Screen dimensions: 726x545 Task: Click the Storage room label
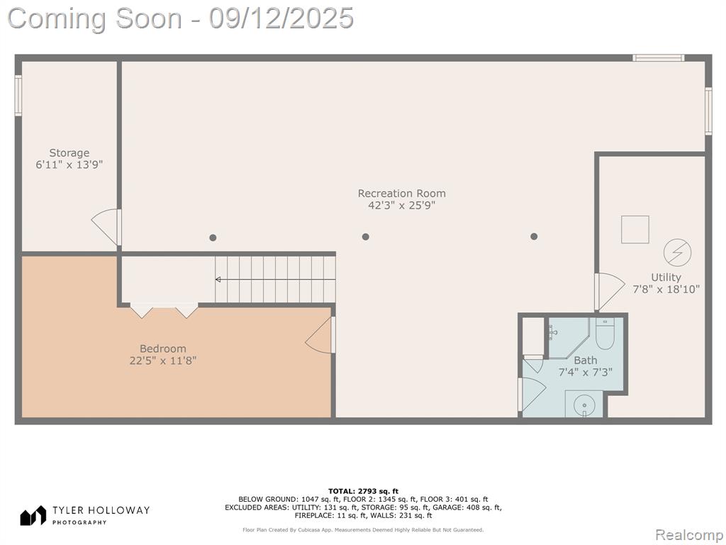click(69, 153)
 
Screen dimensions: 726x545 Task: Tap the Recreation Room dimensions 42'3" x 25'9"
click(402, 205)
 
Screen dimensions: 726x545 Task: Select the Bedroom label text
click(163, 348)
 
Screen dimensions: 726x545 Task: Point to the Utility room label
click(666, 277)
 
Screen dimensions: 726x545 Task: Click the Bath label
click(585, 360)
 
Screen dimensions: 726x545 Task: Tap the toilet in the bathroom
click(605, 334)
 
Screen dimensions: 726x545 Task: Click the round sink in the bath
click(584, 405)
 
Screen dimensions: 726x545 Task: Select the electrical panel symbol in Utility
click(677, 253)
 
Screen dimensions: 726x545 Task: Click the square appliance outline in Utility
click(635, 229)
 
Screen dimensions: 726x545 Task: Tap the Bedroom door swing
click(318, 335)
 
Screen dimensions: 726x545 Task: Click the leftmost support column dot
click(213, 238)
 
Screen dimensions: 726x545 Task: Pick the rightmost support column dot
click(534, 236)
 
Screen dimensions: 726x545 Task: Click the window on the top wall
click(659, 58)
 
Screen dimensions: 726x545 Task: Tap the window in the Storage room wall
click(18, 96)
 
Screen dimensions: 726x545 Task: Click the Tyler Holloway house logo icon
click(33, 515)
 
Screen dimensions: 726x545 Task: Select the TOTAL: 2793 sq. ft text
click(363, 491)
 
